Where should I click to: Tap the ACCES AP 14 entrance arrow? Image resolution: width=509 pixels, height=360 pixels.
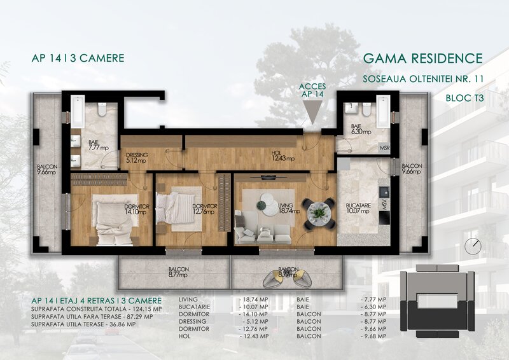point(313,115)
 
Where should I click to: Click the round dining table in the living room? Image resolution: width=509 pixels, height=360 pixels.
point(317,212)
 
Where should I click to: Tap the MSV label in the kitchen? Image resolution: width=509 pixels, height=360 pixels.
point(384,205)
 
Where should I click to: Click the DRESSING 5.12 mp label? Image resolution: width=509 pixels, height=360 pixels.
point(137,158)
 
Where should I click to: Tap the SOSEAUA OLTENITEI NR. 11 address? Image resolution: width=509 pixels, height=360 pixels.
point(422,80)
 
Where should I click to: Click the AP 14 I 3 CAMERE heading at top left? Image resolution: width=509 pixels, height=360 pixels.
point(77,59)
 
